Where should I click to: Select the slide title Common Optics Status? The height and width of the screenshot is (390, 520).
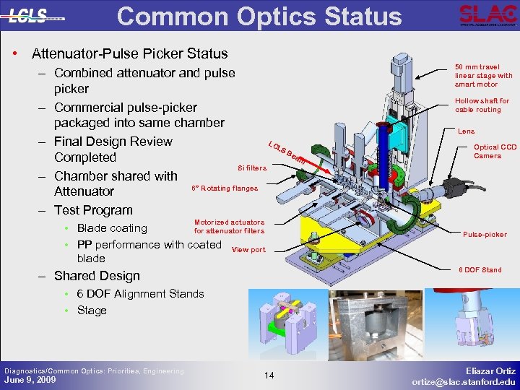[259, 16]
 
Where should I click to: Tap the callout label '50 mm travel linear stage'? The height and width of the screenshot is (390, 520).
[483, 75]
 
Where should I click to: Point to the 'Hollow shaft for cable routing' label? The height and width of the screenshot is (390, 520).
[482, 105]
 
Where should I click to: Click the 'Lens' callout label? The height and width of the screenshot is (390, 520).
[466, 131]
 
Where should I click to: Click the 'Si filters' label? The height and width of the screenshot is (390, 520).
[252, 168]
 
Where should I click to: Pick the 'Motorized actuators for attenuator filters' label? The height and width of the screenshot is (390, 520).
[229, 227]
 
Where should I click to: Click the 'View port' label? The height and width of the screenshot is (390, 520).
[248, 250]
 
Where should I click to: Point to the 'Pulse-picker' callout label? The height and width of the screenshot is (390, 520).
[485, 235]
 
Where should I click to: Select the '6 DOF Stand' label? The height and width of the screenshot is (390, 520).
[480, 270]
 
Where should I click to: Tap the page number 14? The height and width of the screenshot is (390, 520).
[269, 375]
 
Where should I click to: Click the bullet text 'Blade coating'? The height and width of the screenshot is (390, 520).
[112, 228]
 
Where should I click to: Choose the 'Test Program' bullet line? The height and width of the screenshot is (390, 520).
[93, 210]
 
